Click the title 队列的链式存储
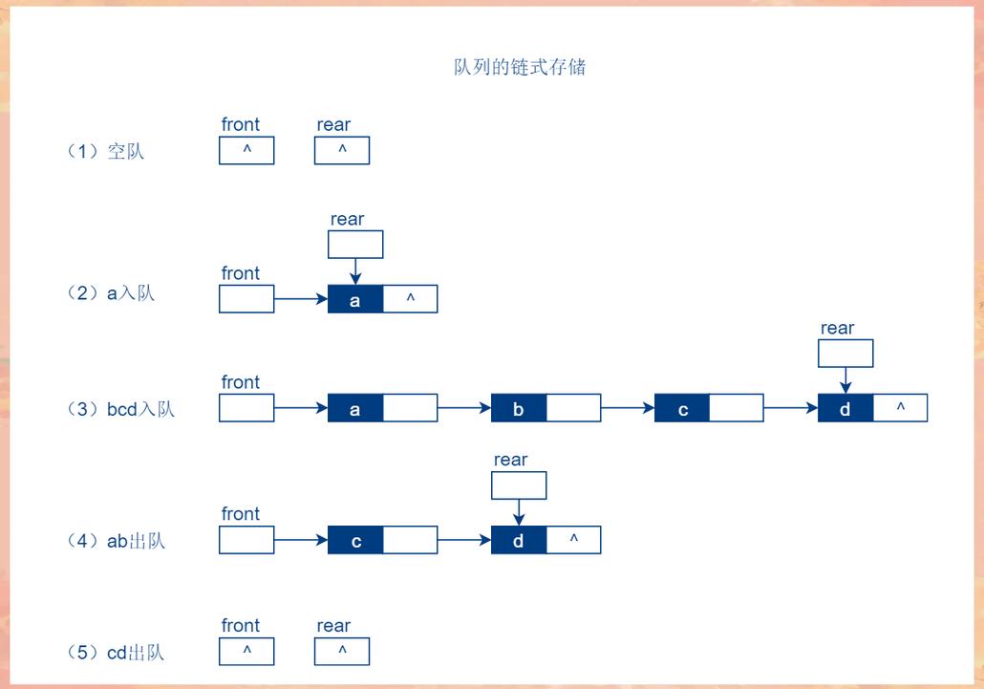[x=520, y=67]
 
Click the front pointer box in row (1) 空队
[x=246, y=150]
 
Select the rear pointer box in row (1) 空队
[x=342, y=150]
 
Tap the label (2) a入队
[x=111, y=293]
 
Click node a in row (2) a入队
[x=355, y=299]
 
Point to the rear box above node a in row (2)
[x=355, y=245]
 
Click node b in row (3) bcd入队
[x=519, y=409]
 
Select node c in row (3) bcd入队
[x=682, y=409]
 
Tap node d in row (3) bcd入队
[x=845, y=409]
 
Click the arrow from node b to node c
[x=628, y=409]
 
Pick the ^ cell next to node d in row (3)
[x=900, y=409]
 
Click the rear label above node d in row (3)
[x=837, y=328]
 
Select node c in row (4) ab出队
[x=355, y=541]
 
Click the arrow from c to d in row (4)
[x=464, y=541]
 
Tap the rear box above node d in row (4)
[x=519, y=485]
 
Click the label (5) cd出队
[x=116, y=653]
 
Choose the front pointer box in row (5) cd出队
[x=246, y=652]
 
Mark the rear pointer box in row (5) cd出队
[x=342, y=652]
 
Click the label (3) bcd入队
[x=120, y=409]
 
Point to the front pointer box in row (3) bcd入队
[x=246, y=408]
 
